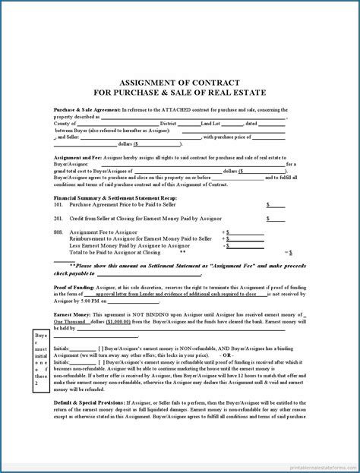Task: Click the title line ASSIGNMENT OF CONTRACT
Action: (x=180, y=82)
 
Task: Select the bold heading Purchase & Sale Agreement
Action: (x=85, y=110)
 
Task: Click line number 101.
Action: (x=58, y=204)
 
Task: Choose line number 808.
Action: (x=58, y=232)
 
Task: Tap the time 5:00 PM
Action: (x=96, y=301)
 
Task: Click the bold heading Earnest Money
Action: (x=73, y=314)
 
